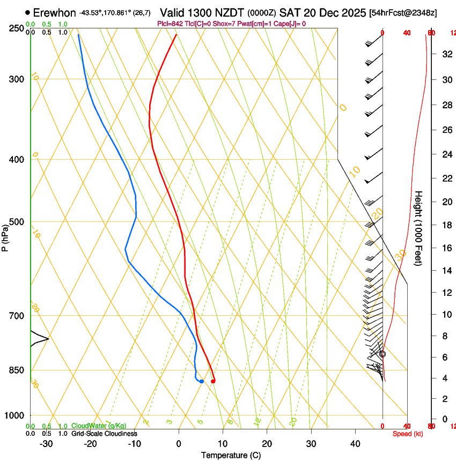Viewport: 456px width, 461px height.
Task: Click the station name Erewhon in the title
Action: [x=54, y=12]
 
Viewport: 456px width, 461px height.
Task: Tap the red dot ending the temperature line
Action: [x=213, y=381]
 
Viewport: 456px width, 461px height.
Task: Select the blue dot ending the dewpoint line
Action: [x=201, y=381]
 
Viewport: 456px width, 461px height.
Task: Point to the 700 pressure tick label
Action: [x=17, y=316]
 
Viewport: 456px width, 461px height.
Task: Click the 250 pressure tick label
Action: [x=17, y=28]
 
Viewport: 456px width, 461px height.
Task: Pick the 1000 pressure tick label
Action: [x=14, y=415]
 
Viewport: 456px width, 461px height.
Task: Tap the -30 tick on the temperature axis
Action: [x=46, y=444]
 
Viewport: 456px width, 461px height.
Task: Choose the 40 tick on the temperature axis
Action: [x=355, y=444]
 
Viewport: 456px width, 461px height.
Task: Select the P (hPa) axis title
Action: [x=5, y=236]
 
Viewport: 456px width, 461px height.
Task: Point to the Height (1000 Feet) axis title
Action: [x=418, y=228]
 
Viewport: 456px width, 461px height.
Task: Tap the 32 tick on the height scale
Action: [x=445, y=54]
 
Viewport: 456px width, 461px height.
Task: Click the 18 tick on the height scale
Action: [x=445, y=225]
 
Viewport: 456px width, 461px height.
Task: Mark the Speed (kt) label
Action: [x=408, y=434]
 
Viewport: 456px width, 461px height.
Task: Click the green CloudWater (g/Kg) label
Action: [x=95, y=426]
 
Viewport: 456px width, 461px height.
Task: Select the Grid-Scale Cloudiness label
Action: [x=104, y=434]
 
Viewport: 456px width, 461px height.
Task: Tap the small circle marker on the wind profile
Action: [x=383, y=354]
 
